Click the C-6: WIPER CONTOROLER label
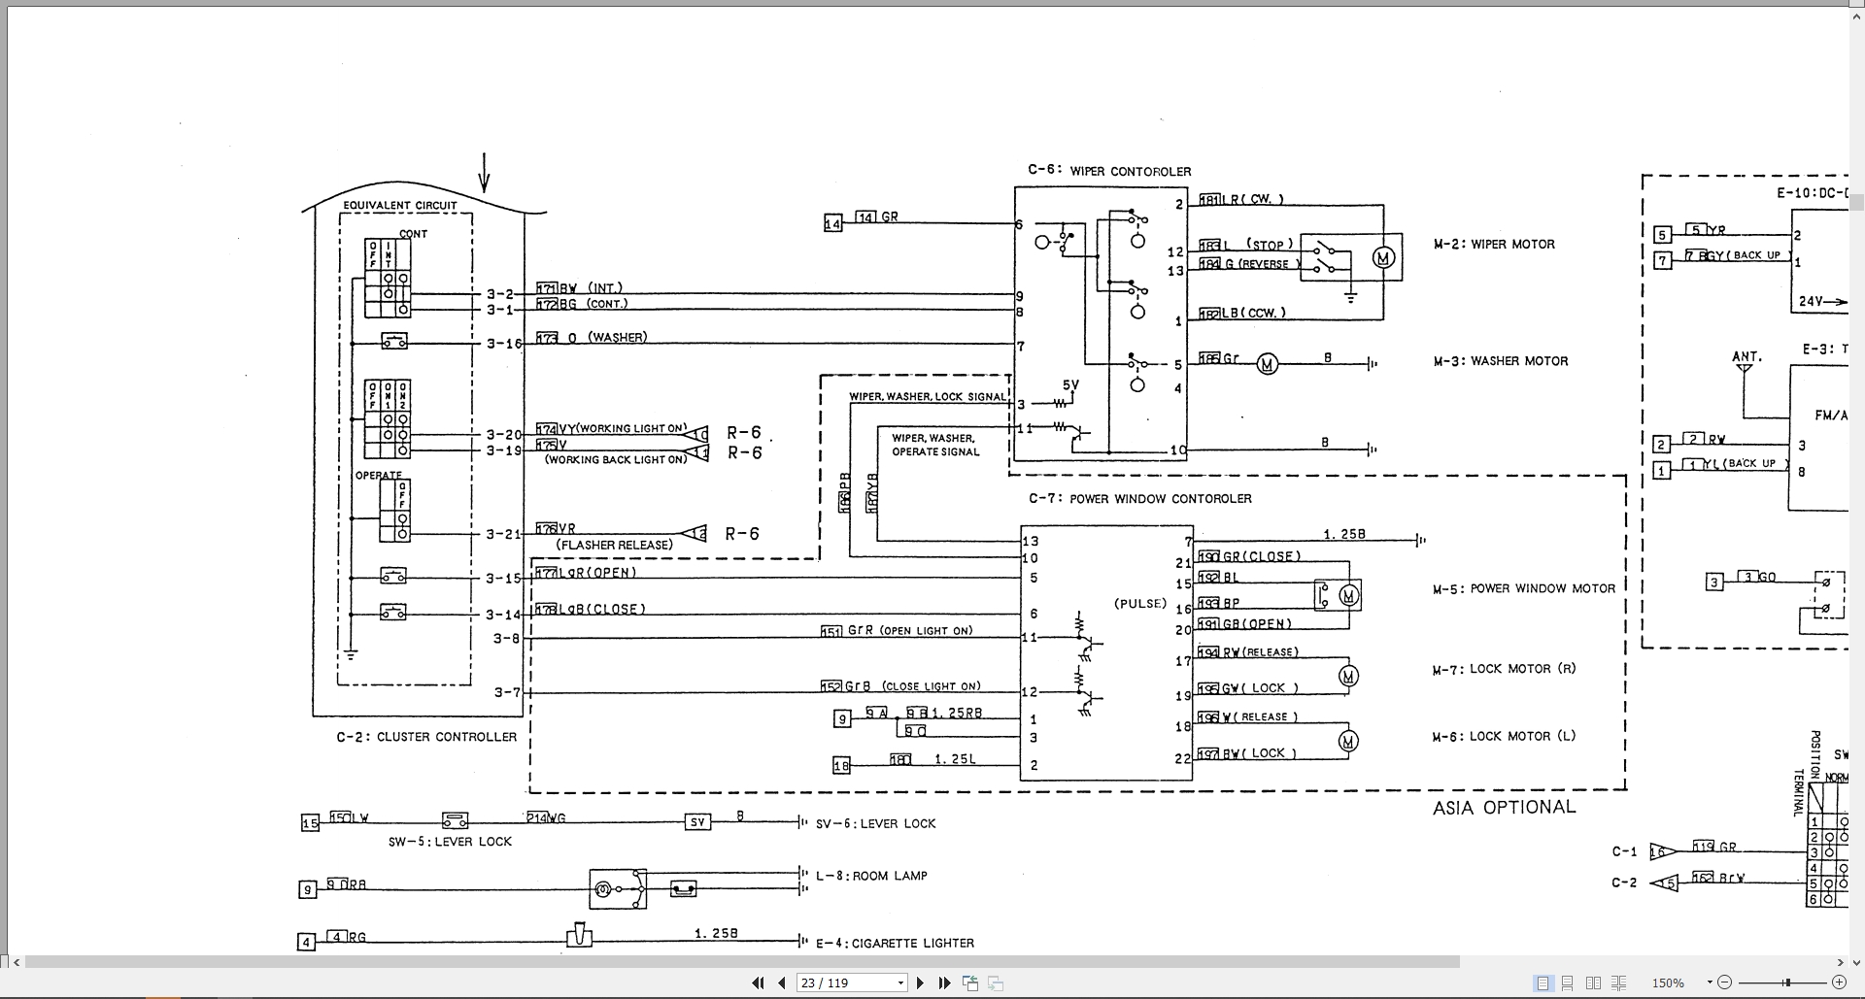[x=1108, y=171]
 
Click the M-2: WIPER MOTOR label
[x=1494, y=244]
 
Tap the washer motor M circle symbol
[x=1267, y=364]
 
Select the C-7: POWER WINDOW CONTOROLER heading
[x=1139, y=498]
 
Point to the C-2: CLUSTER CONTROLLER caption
[x=426, y=736]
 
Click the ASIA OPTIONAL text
[x=1504, y=807]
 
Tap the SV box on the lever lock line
[x=697, y=822]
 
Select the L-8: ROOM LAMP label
[x=871, y=875]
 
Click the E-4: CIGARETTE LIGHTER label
[x=894, y=942]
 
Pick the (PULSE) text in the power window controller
[x=1139, y=603]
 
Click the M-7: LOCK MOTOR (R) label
[x=1504, y=668]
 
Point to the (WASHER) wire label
[x=617, y=337]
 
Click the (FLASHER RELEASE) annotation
[x=614, y=545]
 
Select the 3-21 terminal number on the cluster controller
[x=503, y=533]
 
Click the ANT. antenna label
[x=1746, y=356]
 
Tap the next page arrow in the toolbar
[x=920, y=982]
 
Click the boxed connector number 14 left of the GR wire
[x=832, y=223]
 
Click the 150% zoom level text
[x=1668, y=982]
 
